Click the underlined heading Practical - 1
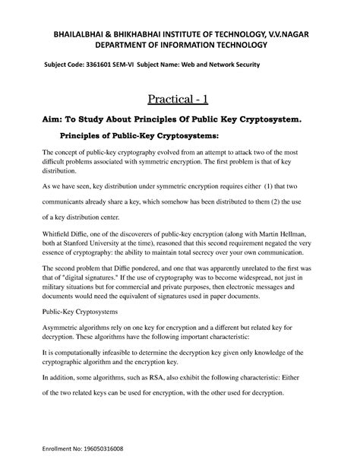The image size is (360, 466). coord(179,98)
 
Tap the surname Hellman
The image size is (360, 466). coord(298,240)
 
